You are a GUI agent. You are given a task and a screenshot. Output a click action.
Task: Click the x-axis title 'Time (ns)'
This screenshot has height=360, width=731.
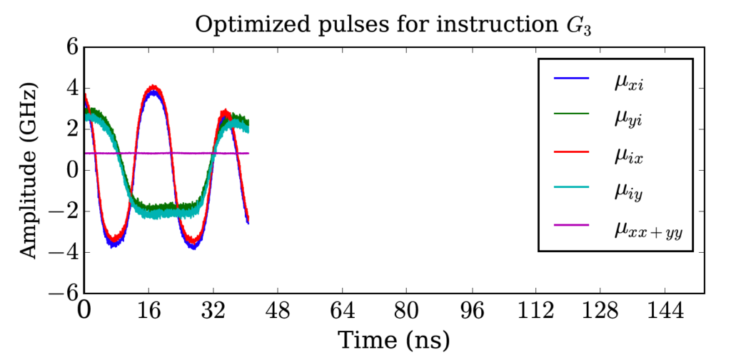(x=393, y=339)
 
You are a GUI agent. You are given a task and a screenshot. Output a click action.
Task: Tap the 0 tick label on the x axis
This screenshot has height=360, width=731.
(x=84, y=311)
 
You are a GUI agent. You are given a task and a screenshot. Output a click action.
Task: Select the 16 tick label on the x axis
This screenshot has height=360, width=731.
(x=148, y=311)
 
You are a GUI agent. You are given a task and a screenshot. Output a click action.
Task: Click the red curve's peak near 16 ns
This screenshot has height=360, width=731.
(x=151, y=88)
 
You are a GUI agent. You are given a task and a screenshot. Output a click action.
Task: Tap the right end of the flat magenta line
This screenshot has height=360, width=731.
(x=248, y=153)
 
